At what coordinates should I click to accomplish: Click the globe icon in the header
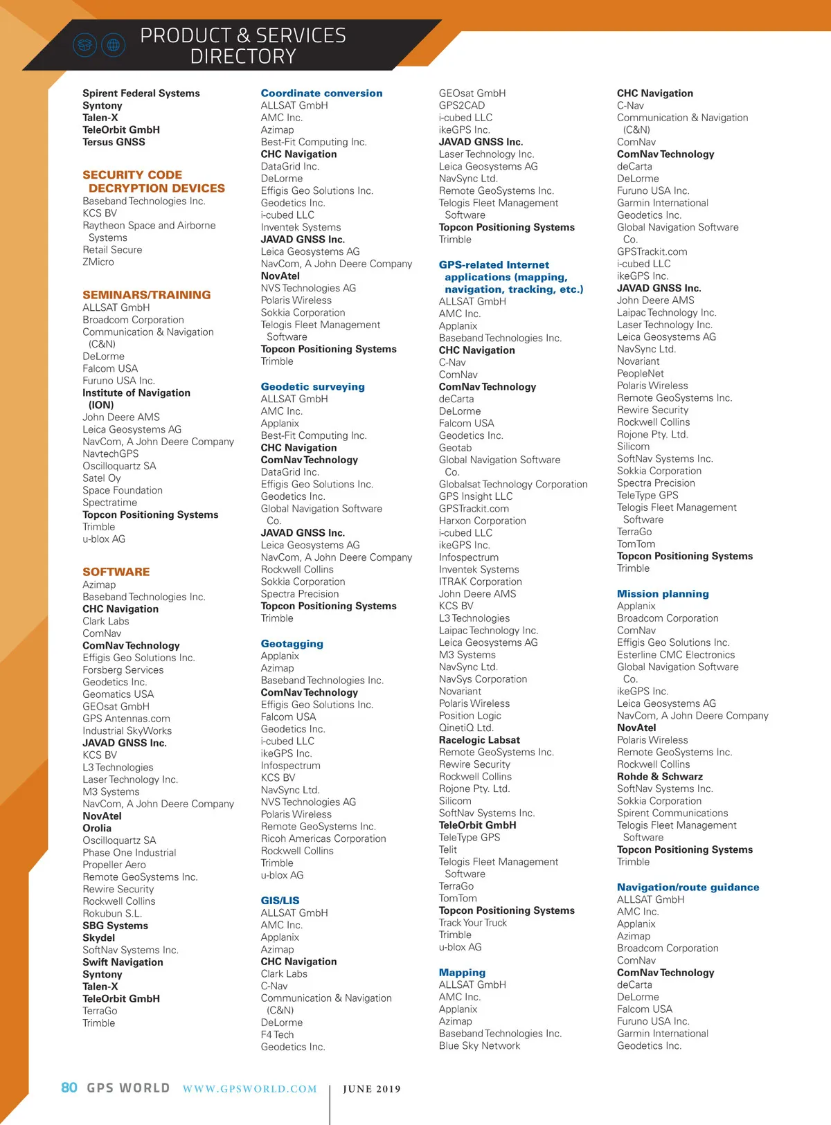tap(114, 46)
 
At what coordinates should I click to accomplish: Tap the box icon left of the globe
tap(84, 46)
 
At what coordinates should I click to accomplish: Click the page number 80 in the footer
tap(69, 1088)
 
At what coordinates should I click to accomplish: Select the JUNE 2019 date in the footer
tap(372, 1089)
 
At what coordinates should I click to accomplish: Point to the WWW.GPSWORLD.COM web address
tap(249, 1089)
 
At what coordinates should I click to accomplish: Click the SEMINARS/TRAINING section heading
tap(146, 295)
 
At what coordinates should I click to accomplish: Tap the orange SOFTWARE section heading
tap(116, 572)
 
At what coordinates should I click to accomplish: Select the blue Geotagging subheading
tap(292, 644)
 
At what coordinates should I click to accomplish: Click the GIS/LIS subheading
tap(280, 901)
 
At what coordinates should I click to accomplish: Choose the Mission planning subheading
tap(663, 594)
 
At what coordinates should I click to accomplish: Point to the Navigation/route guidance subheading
tap(688, 888)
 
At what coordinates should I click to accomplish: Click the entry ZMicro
tap(98, 262)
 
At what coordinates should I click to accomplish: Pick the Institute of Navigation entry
tap(136, 393)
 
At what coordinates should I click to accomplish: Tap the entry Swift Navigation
tap(123, 962)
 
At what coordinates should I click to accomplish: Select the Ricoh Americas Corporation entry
tap(323, 839)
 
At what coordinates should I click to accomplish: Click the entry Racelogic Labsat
tap(479, 740)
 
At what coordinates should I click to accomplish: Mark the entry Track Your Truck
tap(472, 923)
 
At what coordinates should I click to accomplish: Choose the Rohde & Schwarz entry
tap(659, 777)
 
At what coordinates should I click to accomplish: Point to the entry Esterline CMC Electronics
tap(676, 655)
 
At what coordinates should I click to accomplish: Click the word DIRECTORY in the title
tap(243, 57)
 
